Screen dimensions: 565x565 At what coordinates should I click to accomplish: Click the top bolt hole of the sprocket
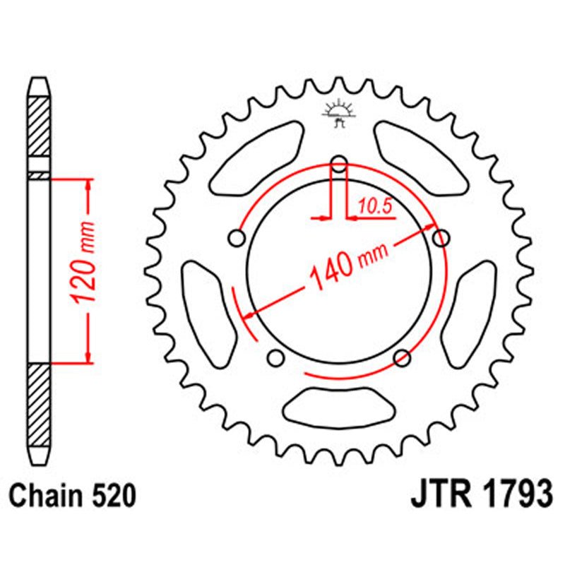(x=339, y=165)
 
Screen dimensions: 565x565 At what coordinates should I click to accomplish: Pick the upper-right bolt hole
(x=441, y=238)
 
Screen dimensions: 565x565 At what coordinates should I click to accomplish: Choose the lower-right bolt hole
(x=403, y=356)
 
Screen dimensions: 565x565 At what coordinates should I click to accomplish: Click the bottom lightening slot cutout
(x=339, y=408)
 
